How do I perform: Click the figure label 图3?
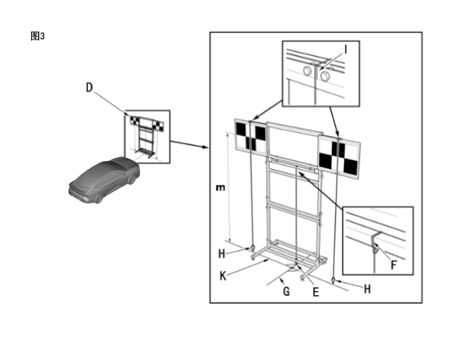pos(37,36)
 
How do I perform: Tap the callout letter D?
pos(89,87)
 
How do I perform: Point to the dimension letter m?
pos(220,188)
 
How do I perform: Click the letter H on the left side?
pos(221,254)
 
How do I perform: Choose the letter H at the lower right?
pos(367,288)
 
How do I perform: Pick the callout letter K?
pos(222,276)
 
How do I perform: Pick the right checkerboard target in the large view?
pos(339,156)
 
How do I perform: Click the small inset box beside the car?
pos(146,135)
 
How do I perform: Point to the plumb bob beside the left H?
pos(251,248)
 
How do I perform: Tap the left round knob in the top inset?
pos(308,71)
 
